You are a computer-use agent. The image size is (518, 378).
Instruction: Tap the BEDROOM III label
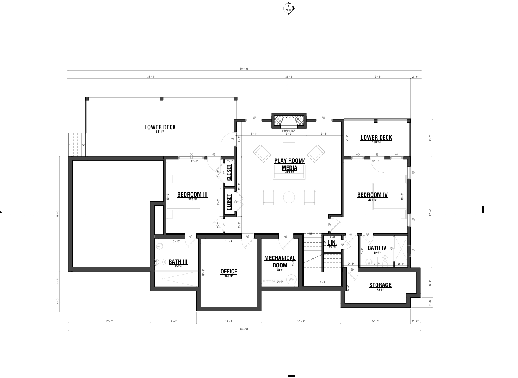pos(192,195)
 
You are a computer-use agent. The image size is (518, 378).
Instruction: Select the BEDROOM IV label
pos(372,195)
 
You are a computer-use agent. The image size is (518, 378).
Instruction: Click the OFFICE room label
pos(229,272)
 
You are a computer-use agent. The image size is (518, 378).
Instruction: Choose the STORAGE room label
pos(380,285)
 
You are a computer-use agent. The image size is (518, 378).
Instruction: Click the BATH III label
pos(178,262)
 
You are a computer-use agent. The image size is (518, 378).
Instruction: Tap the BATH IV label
pos(377,248)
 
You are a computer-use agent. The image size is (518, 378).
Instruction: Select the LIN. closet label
pos(332,243)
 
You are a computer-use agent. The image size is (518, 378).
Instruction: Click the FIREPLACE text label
pos(289,131)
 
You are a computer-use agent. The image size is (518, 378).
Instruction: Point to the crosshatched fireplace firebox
pos(289,121)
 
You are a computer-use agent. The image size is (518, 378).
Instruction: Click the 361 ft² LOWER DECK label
pos(160,127)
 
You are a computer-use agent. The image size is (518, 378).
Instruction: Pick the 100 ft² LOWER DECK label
pos(376,138)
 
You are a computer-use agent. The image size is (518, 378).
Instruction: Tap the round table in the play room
pos(289,197)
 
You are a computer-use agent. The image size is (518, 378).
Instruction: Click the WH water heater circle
pos(291,280)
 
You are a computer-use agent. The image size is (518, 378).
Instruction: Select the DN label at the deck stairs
pos(83,145)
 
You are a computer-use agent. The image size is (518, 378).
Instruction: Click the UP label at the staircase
pos(310,233)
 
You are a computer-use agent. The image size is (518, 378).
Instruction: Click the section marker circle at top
pos(288,8)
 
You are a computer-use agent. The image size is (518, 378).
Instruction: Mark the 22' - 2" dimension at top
pos(289,77)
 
